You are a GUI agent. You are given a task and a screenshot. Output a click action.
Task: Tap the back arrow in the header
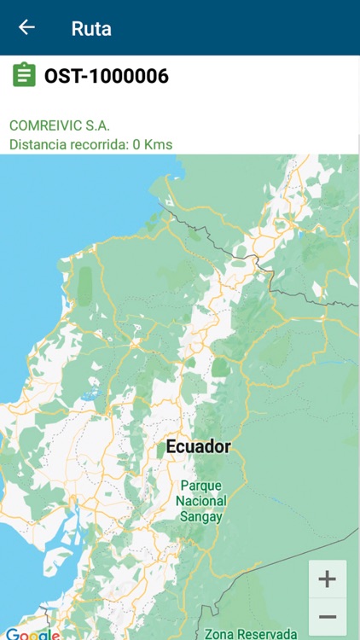point(26,27)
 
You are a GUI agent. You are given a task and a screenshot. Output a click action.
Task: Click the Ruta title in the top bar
point(91,28)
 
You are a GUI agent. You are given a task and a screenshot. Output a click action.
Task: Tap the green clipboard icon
point(24,75)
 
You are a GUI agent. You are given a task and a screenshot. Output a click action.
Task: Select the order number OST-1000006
point(107,76)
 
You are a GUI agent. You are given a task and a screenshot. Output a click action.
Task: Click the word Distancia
point(38,144)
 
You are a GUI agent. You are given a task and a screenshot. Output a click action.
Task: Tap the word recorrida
point(96,144)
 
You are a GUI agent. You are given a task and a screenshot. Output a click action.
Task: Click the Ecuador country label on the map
point(198,446)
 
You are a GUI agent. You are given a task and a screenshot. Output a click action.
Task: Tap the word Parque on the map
point(200,486)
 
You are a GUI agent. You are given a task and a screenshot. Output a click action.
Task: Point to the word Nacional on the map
point(200,501)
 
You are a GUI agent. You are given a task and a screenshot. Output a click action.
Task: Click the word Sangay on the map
point(200,516)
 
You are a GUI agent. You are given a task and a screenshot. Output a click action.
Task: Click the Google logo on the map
point(32,634)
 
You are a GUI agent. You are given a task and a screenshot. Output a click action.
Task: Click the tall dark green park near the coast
point(84,286)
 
